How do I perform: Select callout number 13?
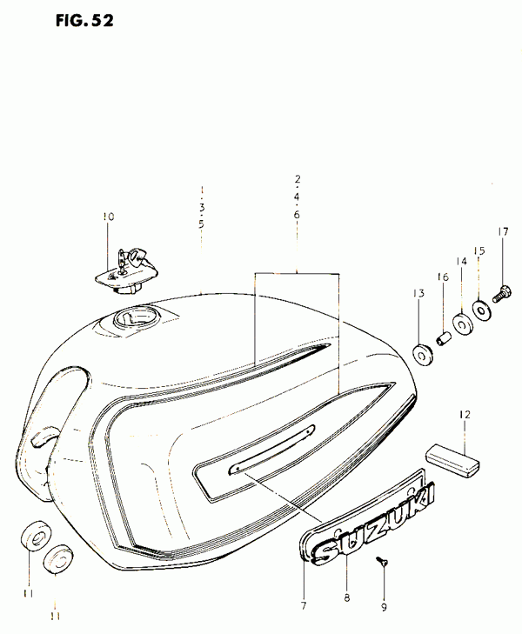point(418,293)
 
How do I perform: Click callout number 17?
point(503,231)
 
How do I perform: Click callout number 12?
point(465,415)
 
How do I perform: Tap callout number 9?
point(384,607)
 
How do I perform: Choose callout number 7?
point(304,604)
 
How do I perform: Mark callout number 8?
point(346,598)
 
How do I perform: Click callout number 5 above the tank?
point(201,224)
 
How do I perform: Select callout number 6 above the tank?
point(297,214)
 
